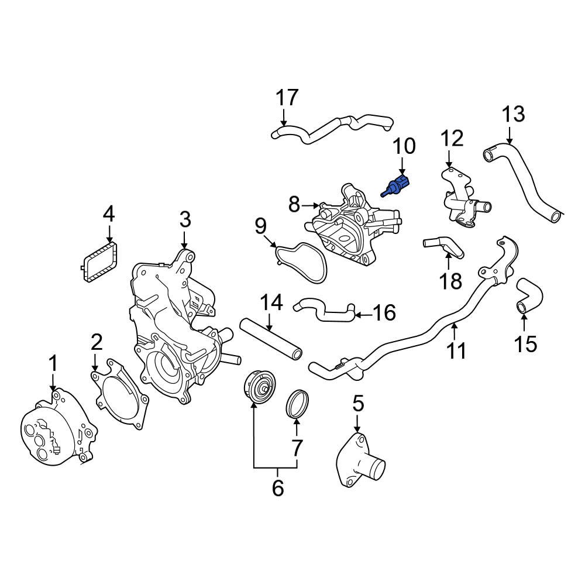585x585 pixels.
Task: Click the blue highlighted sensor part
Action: click(x=397, y=185)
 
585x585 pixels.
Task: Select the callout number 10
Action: click(x=403, y=146)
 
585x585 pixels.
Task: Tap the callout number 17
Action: click(x=287, y=98)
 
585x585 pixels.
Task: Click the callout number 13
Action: click(x=514, y=115)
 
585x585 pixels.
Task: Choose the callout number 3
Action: click(x=185, y=220)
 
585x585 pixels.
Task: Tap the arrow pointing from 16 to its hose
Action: click(x=363, y=314)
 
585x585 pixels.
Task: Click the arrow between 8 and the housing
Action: click(x=311, y=205)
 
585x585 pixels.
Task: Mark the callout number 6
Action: click(x=277, y=486)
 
